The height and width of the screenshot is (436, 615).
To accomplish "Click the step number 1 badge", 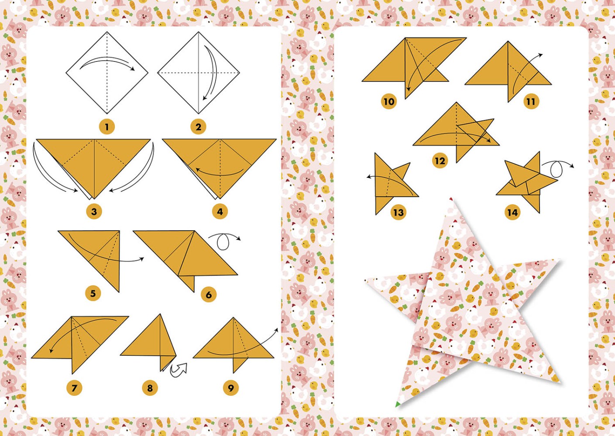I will (107, 127).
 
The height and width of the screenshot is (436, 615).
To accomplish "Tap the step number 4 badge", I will (220, 212).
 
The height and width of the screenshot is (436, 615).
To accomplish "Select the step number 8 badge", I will (150, 388).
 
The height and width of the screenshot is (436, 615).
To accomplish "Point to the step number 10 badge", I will (388, 102).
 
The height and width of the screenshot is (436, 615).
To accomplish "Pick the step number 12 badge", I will (440, 161).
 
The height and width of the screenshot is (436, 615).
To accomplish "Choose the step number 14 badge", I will (512, 212).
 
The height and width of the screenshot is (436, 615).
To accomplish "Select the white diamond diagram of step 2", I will (199, 72).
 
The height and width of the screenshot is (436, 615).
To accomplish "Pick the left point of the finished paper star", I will (371, 282).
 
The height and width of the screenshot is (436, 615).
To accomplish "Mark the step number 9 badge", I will (230, 388).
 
